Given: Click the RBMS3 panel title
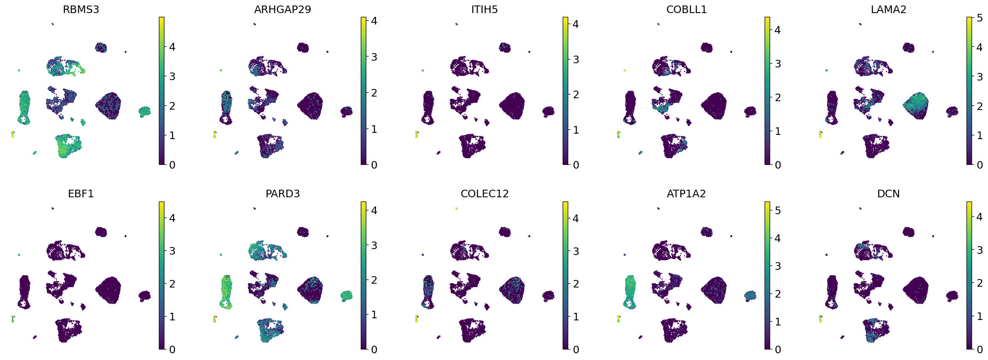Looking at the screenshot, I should click(x=81, y=9).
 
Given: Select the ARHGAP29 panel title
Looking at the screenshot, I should click(x=282, y=9).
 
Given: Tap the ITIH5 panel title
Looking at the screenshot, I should click(x=484, y=9).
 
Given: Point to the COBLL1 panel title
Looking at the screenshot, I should click(x=686, y=9).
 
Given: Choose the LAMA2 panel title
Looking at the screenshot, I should click(x=889, y=9).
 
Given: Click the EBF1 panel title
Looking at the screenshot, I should click(x=81, y=193).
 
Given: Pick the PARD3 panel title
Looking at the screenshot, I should click(x=282, y=193).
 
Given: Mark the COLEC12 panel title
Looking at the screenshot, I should click(x=484, y=193).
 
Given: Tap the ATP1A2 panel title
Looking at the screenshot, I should click(x=686, y=193).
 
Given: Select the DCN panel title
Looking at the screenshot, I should click(x=889, y=193).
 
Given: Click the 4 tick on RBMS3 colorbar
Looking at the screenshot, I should click(x=172, y=47).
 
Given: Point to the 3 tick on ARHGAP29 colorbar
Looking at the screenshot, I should click(x=374, y=57).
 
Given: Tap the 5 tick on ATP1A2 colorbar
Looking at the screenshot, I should click(x=778, y=210).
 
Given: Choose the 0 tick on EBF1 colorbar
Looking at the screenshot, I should click(x=172, y=349).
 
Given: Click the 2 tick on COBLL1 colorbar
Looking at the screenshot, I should click(x=778, y=97).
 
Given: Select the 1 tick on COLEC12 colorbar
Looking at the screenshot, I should click(x=576, y=317).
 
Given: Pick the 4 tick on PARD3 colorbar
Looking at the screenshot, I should click(x=374, y=210).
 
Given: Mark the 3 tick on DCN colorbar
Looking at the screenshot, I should click(x=980, y=250).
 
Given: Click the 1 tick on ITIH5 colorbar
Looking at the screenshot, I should click(x=576, y=130).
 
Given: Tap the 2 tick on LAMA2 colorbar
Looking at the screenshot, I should click(x=980, y=106).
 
